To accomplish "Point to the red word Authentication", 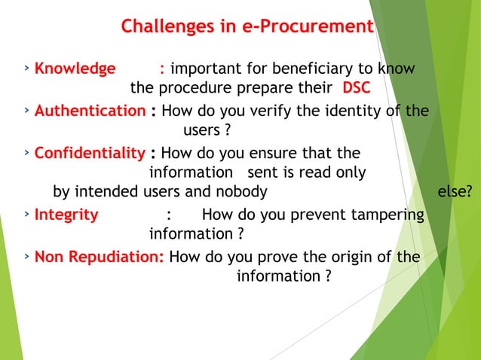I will coord(90,111).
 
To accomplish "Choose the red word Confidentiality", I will coord(90,154).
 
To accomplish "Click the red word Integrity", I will coord(66,215).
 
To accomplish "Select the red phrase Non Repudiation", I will coord(100,257).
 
